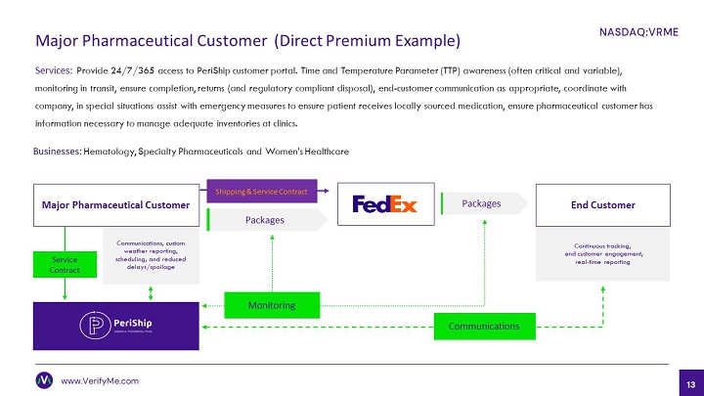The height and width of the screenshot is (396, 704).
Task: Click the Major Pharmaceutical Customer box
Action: tap(115, 205)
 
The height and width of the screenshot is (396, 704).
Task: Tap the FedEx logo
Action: tap(385, 205)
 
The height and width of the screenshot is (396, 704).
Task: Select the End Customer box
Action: tap(602, 205)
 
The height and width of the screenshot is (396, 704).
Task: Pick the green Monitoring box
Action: tap(273, 306)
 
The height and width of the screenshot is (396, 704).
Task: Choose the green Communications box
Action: tap(485, 326)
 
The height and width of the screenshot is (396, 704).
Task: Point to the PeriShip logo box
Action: tap(115, 324)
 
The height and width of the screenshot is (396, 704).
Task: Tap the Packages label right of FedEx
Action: tap(481, 203)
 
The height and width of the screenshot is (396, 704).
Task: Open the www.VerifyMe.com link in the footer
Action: tap(100, 381)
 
